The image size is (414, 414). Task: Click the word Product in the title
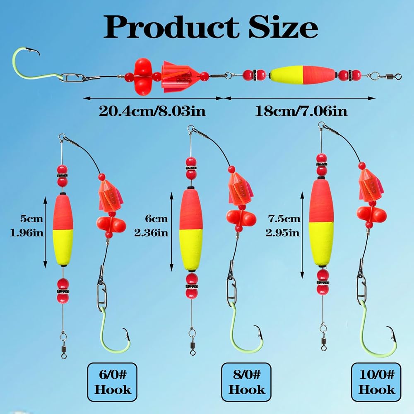click(171, 27)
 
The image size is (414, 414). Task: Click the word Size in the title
click(283, 27)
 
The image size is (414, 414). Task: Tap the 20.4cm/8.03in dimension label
click(152, 111)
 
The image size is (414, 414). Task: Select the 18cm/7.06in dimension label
click(301, 111)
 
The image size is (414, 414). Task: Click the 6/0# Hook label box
click(112, 382)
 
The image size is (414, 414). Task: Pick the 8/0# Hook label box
click(246, 382)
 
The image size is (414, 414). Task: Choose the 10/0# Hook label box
click(376, 382)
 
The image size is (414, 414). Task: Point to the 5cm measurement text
click(31, 219)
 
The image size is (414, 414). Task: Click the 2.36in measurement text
click(151, 233)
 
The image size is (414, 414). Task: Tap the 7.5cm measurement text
click(284, 219)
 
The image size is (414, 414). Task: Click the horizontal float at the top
click(303, 75)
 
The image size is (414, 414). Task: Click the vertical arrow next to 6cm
click(172, 232)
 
